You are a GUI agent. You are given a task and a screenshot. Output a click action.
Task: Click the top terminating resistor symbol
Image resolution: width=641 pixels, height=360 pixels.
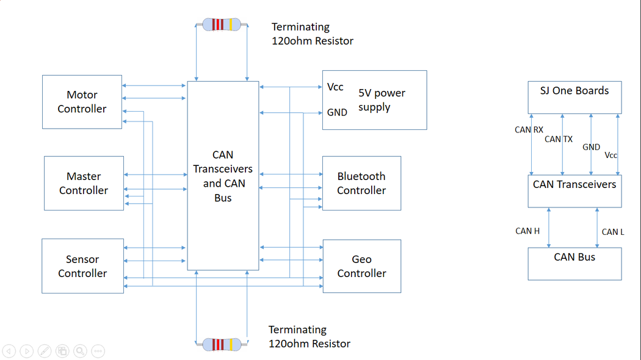pos(222,24)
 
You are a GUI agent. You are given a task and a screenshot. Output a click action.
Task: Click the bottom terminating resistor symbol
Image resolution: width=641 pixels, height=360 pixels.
pos(222,345)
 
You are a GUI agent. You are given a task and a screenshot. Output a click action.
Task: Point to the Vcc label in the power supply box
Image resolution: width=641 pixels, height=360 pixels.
pos(335,87)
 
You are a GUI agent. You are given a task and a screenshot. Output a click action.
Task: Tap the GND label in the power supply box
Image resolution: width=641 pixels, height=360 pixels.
pos(337,112)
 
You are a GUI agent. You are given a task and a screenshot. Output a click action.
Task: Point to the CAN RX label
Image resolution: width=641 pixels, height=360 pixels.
pos(529,130)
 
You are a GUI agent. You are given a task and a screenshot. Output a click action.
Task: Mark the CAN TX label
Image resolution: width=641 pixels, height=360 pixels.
pos(559,139)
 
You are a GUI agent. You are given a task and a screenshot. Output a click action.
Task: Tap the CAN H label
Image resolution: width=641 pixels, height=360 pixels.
pos(527,231)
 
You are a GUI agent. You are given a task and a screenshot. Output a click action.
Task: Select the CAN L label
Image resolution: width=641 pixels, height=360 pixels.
pos(613,232)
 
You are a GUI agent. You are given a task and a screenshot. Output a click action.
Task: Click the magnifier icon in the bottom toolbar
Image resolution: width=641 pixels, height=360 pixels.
pos(80,351)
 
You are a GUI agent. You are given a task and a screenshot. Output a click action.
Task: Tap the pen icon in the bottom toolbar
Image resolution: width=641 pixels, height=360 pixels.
pos(45,351)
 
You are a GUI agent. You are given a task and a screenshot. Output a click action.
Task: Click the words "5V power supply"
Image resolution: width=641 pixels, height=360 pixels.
pos(382,100)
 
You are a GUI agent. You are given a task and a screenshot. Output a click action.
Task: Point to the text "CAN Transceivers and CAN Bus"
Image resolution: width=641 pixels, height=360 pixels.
pos(223,176)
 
